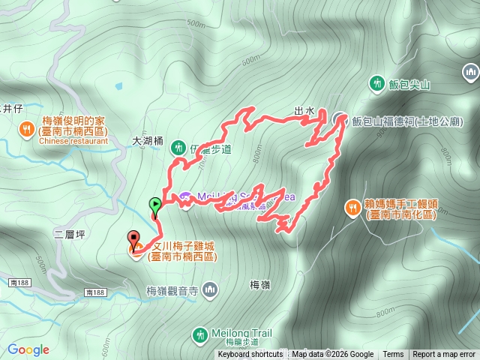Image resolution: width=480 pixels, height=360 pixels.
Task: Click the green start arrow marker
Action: (x=154, y=204)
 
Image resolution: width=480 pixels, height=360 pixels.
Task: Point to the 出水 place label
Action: (x=304, y=112)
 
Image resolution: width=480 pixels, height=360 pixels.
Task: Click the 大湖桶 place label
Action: (x=147, y=140)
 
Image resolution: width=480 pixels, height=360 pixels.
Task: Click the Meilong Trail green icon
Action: (x=199, y=334)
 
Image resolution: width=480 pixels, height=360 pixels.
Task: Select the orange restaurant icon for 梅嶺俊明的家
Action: (x=26, y=128)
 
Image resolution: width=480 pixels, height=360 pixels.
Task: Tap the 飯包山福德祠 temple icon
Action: (x=339, y=118)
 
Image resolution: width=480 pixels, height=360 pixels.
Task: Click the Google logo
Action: (x=28, y=349)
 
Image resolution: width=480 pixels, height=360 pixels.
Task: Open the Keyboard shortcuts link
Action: (x=250, y=355)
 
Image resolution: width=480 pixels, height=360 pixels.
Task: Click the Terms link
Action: (x=393, y=355)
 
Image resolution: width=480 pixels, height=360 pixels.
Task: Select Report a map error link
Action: (x=444, y=355)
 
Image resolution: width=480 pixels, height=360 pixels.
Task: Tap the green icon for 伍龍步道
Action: (x=178, y=146)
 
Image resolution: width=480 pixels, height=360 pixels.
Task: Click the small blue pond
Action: (x=118, y=86)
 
